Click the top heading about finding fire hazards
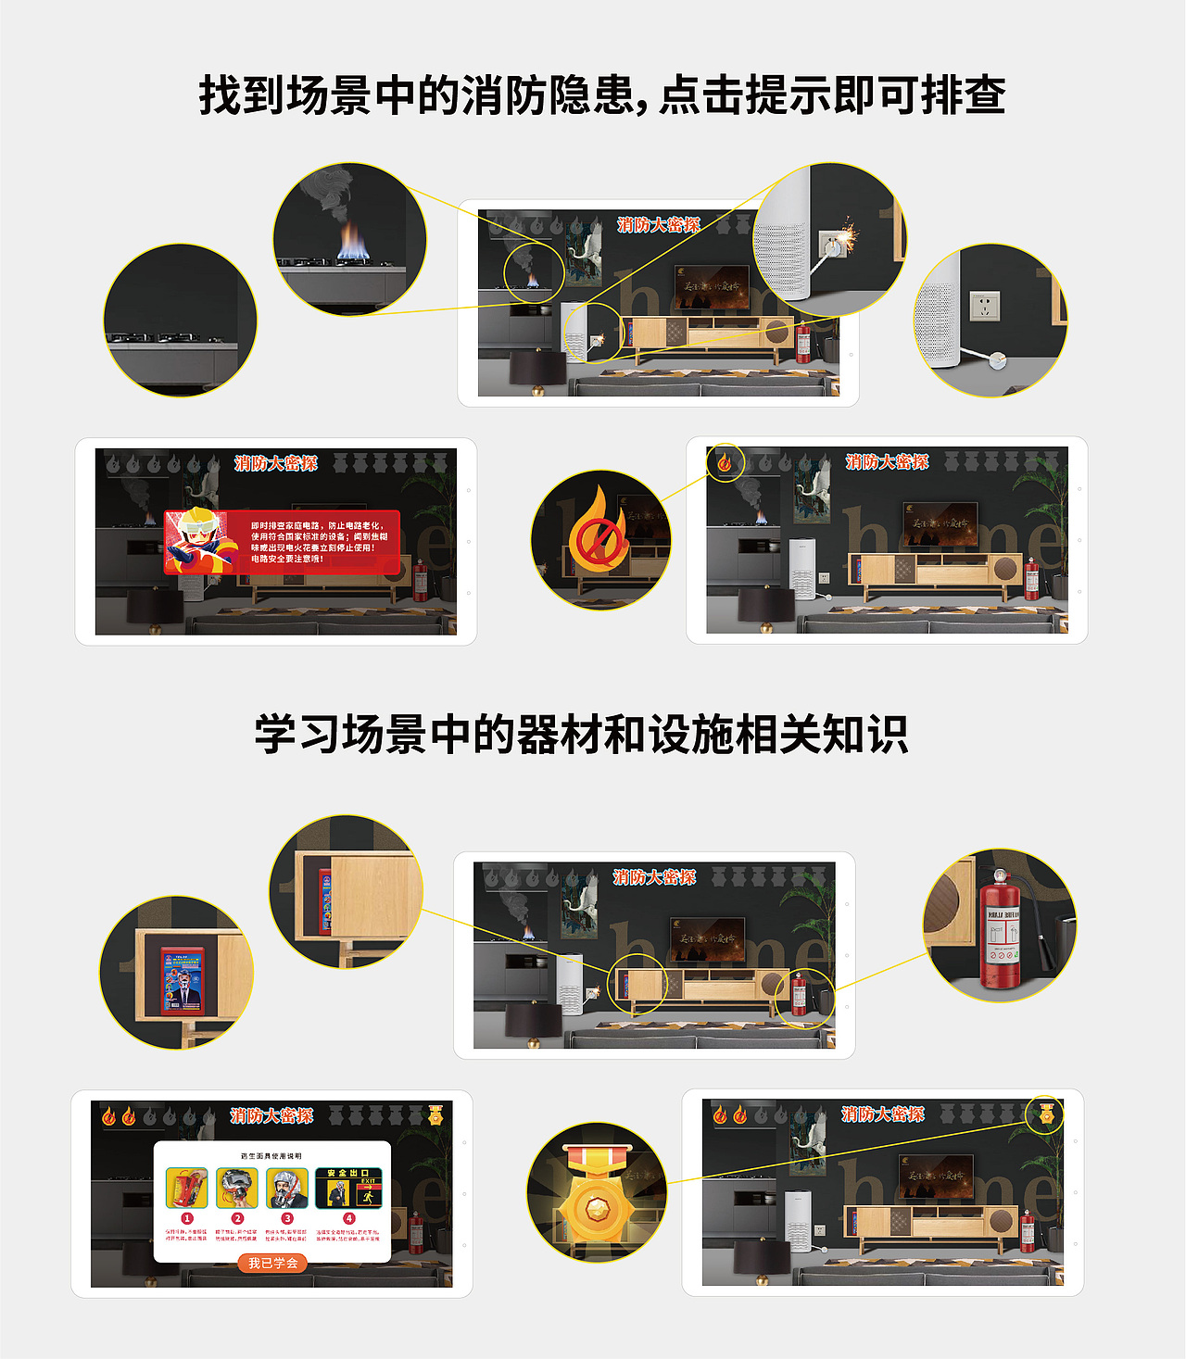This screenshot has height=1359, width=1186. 602,95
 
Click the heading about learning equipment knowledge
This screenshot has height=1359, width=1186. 581,735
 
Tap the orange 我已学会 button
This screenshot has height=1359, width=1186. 272,1263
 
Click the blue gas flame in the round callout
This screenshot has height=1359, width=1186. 353,243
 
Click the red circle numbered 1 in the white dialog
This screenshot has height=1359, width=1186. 187,1218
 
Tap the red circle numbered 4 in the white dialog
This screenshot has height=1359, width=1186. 348,1218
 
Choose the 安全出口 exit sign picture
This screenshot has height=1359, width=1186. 348,1188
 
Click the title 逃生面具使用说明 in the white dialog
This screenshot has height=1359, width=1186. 271,1156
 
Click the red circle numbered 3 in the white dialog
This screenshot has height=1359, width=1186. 287,1218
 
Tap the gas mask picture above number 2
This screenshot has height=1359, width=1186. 237,1188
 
